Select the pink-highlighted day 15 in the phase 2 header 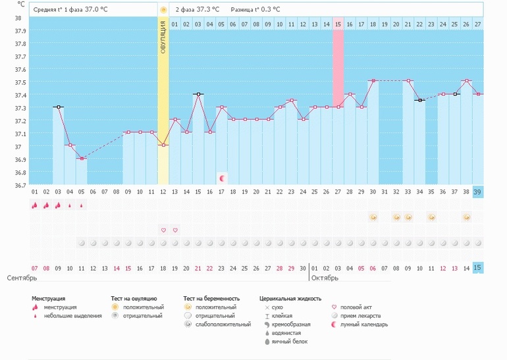(x=338, y=24)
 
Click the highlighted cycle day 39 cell (x=477, y=192)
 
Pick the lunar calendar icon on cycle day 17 (x=222, y=178)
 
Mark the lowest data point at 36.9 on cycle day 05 (x=82, y=159)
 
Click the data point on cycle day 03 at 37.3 (x=59, y=107)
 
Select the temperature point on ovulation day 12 (x=163, y=145)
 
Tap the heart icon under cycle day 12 (x=163, y=230)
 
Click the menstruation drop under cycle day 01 (x=35, y=205)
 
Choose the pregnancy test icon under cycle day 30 (x=373, y=217)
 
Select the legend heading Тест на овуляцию (x=140, y=299)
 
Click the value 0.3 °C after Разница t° (x=267, y=10)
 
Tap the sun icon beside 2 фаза (x=163, y=10)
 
